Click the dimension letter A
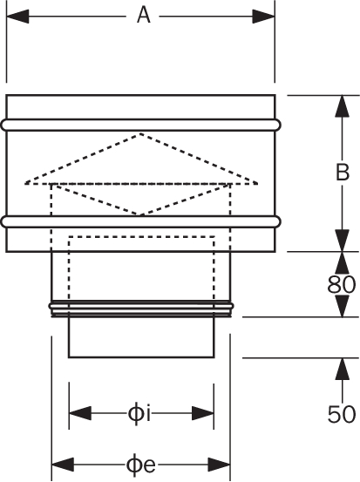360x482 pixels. pyautogui.click(x=144, y=16)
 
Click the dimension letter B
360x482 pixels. pyautogui.click(x=343, y=173)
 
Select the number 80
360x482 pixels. pyautogui.click(x=341, y=284)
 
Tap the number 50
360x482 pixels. pyautogui.click(x=341, y=414)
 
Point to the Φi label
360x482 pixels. pyautogui.click(x=139, y=414)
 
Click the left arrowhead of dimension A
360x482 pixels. pyautogui.click(x=17, y=17)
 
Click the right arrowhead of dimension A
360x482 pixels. pyautogui.click(x=263, y=17)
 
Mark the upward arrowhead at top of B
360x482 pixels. pyautogui.click(x=343, y=106)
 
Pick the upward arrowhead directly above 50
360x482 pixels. pyautogui.click(x=343, y=369)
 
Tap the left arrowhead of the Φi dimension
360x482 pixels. pyautogui.click(x=80, y=413)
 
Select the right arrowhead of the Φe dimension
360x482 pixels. pyautogui.click(x=219, y=465)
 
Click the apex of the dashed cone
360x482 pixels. pyautogui.click(x=140, y=133)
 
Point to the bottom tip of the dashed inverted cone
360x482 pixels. pyautogui.click(x=140, y=215)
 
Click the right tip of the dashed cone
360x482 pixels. pyautogui.click(x=257, y=184)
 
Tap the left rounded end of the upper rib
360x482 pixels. pyautogui.click(x=3, y=125)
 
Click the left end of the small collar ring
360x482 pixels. pyautogui.click(x=50, y=306)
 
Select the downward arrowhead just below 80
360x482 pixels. pyautogui.click(x=343, y=306)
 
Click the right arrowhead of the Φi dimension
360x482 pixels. pyautogui.click(x=203, y=413)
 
